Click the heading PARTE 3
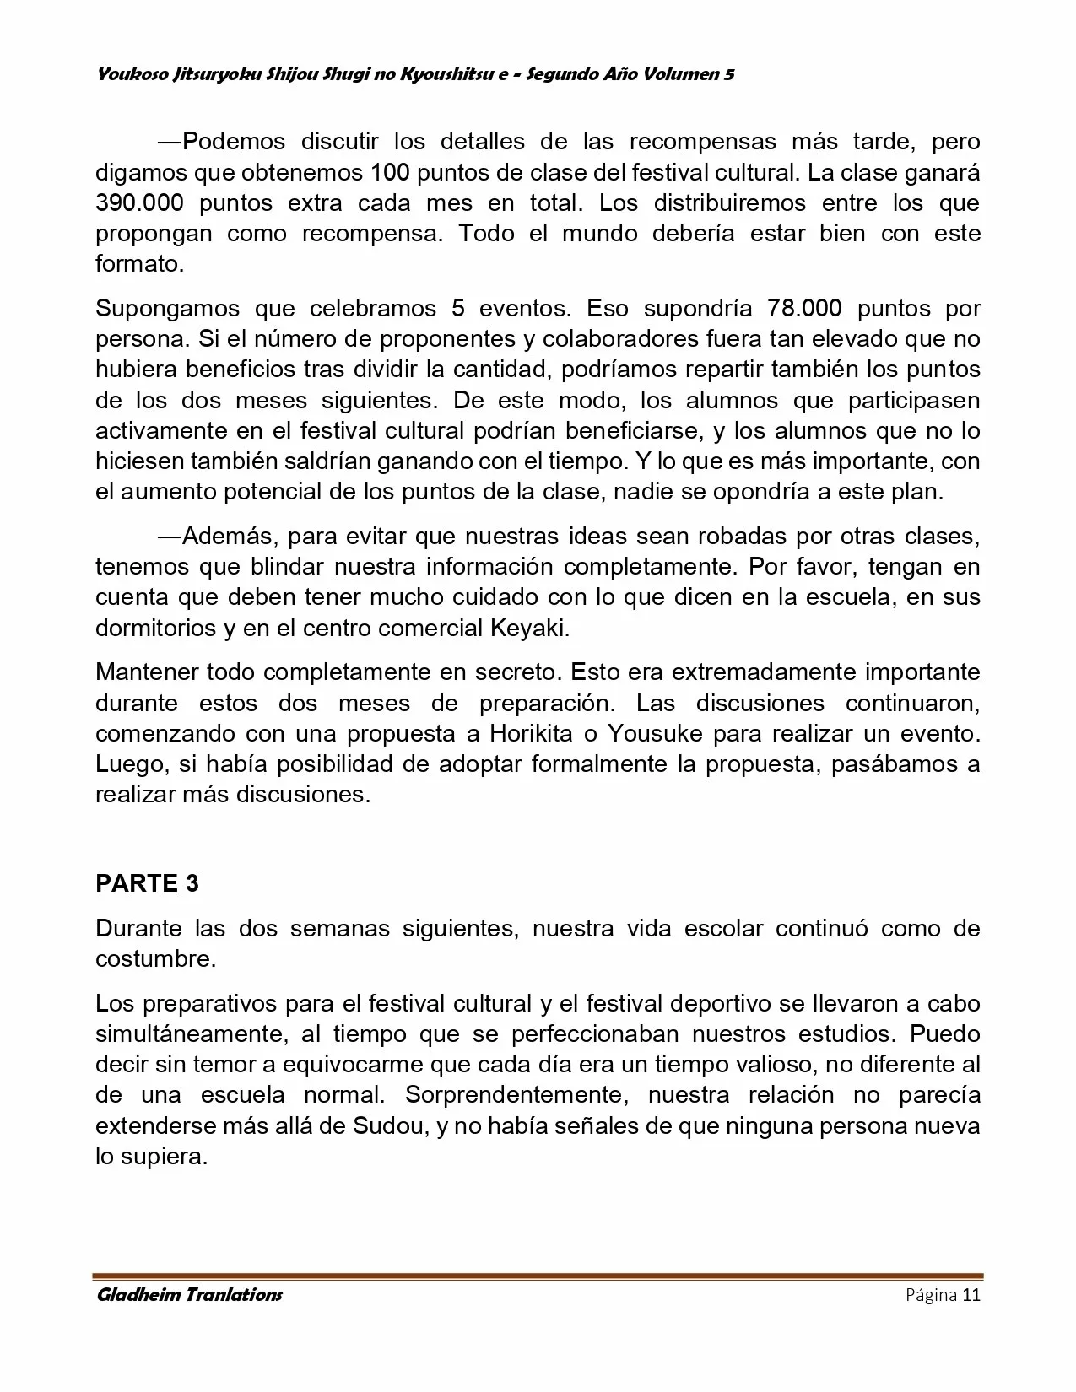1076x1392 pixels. (147, 883)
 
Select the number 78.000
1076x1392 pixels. (804, 308)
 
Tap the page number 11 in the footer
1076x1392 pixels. (971, 1295)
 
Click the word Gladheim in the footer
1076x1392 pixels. (134, 1295)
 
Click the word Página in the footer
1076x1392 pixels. (931, 1295)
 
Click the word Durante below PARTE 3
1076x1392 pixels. (138, 929)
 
